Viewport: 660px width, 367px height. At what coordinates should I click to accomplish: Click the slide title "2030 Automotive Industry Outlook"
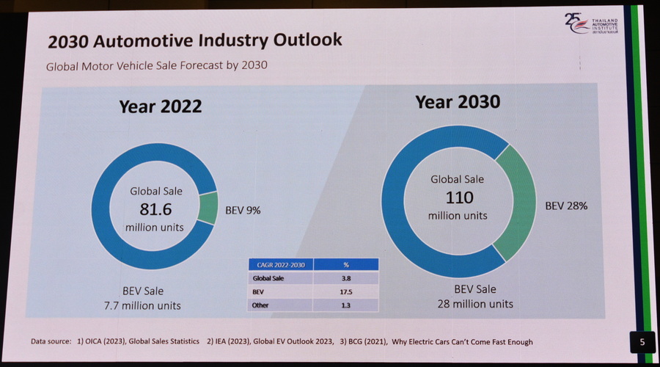coord(195,40)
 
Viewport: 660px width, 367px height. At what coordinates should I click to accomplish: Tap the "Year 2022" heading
coord(161,106)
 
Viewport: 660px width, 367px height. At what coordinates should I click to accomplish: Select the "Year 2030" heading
coord(458,101)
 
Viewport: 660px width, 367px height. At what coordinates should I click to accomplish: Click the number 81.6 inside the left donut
coord(156,208)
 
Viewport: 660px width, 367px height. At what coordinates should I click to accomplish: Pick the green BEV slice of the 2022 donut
coord(208,209)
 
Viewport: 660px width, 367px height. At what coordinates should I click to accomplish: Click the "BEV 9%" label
coord(243,210)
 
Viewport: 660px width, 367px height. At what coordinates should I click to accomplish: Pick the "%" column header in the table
coord(345,264)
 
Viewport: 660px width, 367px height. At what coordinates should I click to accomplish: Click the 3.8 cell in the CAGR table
coord(345,278)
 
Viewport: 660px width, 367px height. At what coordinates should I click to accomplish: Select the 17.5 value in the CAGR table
coord(345,291)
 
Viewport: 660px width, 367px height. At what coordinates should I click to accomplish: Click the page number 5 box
coord(642,341)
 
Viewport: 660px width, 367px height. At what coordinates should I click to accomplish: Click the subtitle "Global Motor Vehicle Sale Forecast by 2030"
coord(156,65)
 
